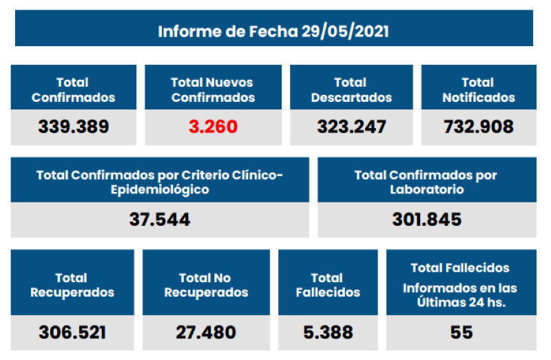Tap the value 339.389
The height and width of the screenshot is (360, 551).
click(x=73, y=127)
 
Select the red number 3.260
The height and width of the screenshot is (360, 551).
click(x=213, y=127)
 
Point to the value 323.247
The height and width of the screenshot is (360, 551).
click(x=351, y=127)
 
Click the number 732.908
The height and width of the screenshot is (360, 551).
click(x=479, y=127)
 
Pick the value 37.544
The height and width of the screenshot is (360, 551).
click(x=160, y=220)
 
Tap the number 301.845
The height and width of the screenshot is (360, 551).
click(x=427, y=220)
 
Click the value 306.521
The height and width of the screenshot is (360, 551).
click(x=72, y=332)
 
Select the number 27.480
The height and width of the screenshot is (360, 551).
click(x=206, y=332)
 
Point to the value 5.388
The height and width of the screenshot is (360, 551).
click(x=328, y=332)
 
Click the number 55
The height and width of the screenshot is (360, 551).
click(x=461, y=332)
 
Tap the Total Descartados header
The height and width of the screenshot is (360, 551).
click(x=351, y=89)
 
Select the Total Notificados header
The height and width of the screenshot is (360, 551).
click(x=479, y=89)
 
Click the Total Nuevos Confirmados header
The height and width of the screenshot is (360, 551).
click(x=213, y=89)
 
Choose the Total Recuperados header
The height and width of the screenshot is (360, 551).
click(x=72, y=285)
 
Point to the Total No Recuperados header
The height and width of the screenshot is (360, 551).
click(x=206, y=285)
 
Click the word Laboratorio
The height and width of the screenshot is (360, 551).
click(x=427, y=189)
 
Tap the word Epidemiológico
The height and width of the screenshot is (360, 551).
click(x=160, y=189)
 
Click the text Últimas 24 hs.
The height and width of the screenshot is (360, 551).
click(x=460, y=301)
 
